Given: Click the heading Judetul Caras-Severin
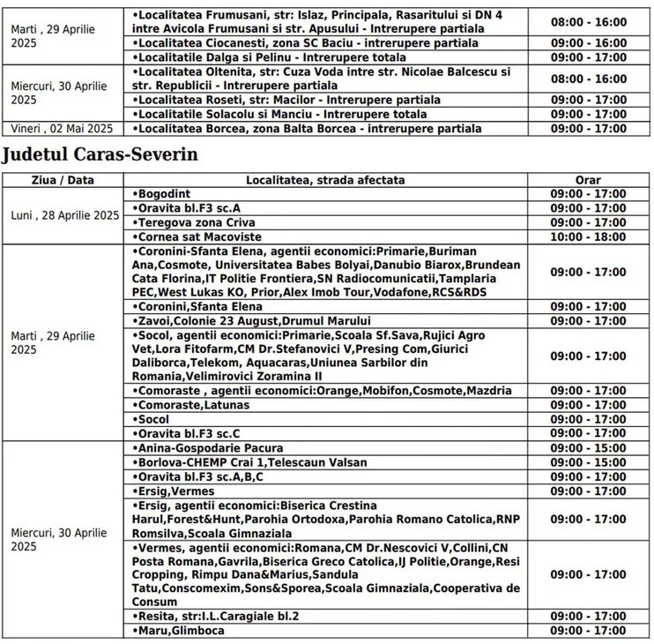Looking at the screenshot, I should point(100,154).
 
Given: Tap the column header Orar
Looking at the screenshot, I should point(588,180).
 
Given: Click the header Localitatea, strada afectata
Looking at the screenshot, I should point(325,180).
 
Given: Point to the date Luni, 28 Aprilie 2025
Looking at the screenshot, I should point(64,215).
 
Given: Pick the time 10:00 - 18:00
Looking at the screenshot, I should point(588,237).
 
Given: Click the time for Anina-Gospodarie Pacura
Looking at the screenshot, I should point(588,448).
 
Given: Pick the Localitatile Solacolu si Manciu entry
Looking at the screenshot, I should point(279,115).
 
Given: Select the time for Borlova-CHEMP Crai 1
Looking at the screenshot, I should point(588,462).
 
